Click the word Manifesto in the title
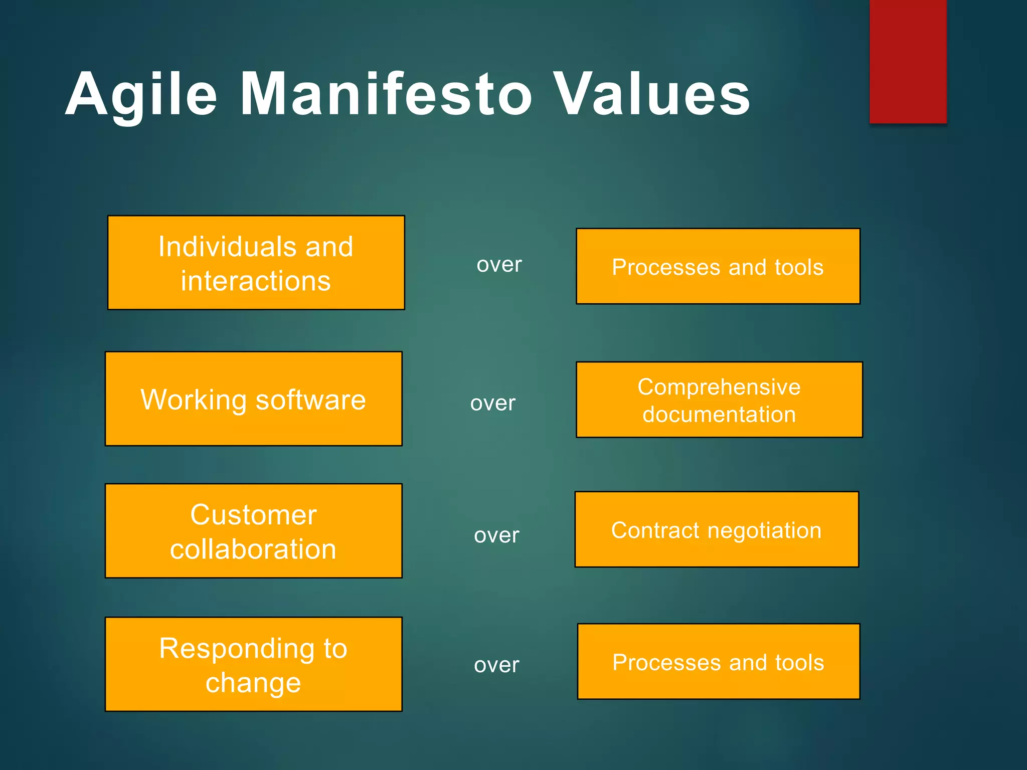point(386,94)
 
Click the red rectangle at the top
point(908,61)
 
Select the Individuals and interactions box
point(256,263)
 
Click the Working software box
point(253,399)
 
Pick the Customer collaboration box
point(253,531)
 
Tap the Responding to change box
point(253,664)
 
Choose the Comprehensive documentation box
point(719,400)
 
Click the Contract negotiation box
point(717,529)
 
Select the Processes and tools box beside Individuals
point(718,266)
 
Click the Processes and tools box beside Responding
point(718,662)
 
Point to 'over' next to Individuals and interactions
point(499,265)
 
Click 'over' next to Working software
point(492,403)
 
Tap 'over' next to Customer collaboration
point(496,535)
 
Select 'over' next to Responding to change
point(496,665)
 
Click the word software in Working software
point(310,400)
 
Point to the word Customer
point(253,515)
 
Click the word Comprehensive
point(719,387)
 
